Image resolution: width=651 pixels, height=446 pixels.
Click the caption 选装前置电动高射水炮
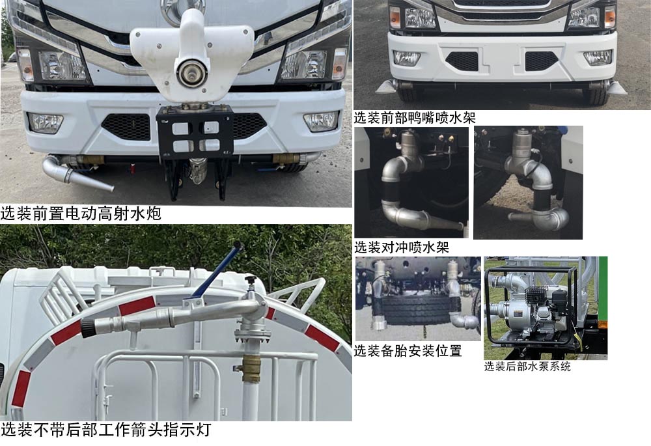click(81, 214)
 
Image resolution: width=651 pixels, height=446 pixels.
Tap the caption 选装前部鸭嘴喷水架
click(415, 118)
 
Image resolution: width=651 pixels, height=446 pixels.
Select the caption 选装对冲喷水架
click(402, 247)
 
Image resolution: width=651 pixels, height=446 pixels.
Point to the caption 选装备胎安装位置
click(408, 351)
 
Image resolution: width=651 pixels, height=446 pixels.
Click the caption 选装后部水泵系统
click(527, 367)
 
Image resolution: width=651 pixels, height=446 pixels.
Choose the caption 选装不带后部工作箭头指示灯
click(105, 430)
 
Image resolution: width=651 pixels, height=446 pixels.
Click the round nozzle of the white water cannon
click(191, 72)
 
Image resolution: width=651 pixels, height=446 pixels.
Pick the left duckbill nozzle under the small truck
click(387, 87)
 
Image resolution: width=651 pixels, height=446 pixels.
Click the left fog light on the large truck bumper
click(45, 122)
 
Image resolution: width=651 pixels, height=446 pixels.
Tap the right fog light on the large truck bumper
click(321, 121)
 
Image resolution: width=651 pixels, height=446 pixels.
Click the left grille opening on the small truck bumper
click(462, 61)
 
